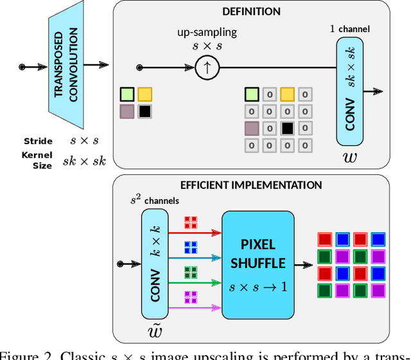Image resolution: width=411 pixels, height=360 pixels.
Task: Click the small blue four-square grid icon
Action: click(191, 246)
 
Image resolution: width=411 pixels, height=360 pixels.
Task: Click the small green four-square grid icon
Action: click(191, 271)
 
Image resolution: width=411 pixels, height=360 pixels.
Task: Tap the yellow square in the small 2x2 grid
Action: click(144, 94)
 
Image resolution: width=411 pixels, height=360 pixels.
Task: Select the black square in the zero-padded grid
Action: click(288, 128)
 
